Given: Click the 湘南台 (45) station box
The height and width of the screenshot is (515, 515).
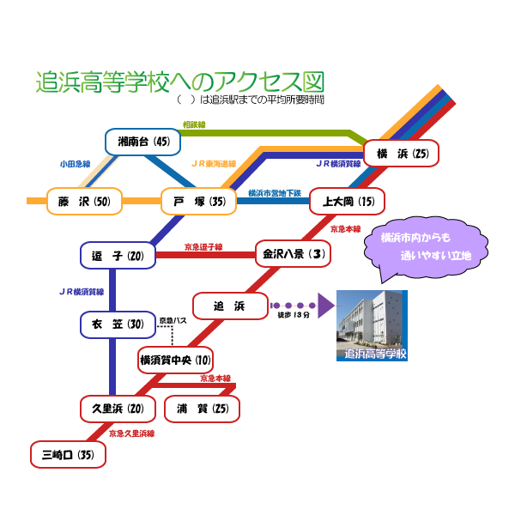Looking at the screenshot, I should click(x=143, y=142).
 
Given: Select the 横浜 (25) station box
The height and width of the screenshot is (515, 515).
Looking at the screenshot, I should click(x=401, y=154).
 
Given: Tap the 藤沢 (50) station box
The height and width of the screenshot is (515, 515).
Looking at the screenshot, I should click(x=84, y=201).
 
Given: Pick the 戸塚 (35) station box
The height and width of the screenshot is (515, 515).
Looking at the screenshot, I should click(x=198, y=201).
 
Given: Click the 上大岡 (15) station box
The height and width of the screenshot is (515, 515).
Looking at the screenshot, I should click(x=347, y=201).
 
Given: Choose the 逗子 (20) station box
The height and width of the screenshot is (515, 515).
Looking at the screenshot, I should click(x=118, y=256).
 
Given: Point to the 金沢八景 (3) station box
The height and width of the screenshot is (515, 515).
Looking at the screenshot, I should click(x=293, y=254).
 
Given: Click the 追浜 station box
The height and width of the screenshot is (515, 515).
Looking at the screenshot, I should click(x=230, y=306).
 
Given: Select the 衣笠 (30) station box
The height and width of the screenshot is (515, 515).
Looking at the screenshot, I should click(x=118, y=324).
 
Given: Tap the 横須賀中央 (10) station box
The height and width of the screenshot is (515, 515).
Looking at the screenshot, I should click(x=175, y=360).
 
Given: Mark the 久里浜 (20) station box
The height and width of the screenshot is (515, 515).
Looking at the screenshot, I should click(x=118, y=409).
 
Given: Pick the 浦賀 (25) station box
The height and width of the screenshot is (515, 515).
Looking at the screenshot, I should click(x=202, y=409).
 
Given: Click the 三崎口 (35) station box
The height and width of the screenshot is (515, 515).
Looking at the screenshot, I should click(x=68, y=454).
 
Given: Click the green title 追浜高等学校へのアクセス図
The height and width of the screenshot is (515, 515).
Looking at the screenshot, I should click(x=180, y=82).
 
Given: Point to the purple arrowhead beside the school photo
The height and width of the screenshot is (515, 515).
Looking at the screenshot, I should click(x=325, y=306).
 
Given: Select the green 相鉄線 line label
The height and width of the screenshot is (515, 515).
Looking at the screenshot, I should click(x=194, y=124).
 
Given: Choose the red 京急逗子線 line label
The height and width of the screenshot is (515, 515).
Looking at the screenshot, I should click(x=203, y=246).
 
